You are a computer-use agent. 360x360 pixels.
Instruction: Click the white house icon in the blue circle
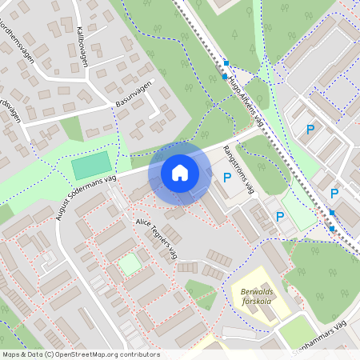point(180,172)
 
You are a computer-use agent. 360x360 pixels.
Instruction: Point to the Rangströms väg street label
point(238,169)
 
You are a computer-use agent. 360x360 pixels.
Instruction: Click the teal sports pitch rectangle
point(92,166)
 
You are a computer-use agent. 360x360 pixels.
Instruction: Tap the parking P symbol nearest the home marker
point(227,178)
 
